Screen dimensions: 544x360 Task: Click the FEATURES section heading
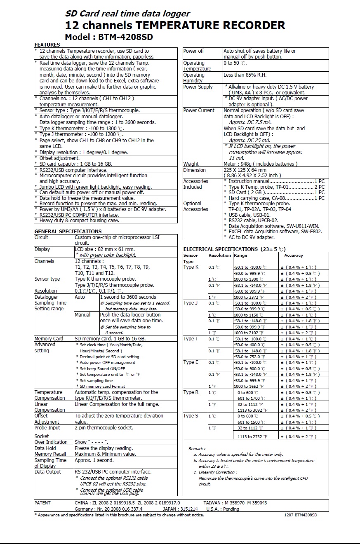47,45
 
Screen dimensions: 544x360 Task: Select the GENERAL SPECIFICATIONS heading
68,231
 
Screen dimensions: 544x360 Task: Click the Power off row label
193,51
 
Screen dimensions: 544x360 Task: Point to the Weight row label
191,164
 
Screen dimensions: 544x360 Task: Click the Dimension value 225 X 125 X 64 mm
245,170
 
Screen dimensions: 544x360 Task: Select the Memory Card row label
49,339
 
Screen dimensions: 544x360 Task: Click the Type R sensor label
191,392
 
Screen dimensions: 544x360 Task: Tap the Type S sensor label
191,416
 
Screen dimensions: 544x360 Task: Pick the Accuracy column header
293,256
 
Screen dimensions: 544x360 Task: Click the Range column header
240,256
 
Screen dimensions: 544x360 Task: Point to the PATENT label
42,503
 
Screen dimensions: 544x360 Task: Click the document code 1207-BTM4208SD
301,515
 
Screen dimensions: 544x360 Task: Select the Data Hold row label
45,448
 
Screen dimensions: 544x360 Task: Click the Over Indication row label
51,442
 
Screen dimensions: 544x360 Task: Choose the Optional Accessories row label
195,206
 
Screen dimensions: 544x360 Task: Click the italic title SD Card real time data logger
128,14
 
